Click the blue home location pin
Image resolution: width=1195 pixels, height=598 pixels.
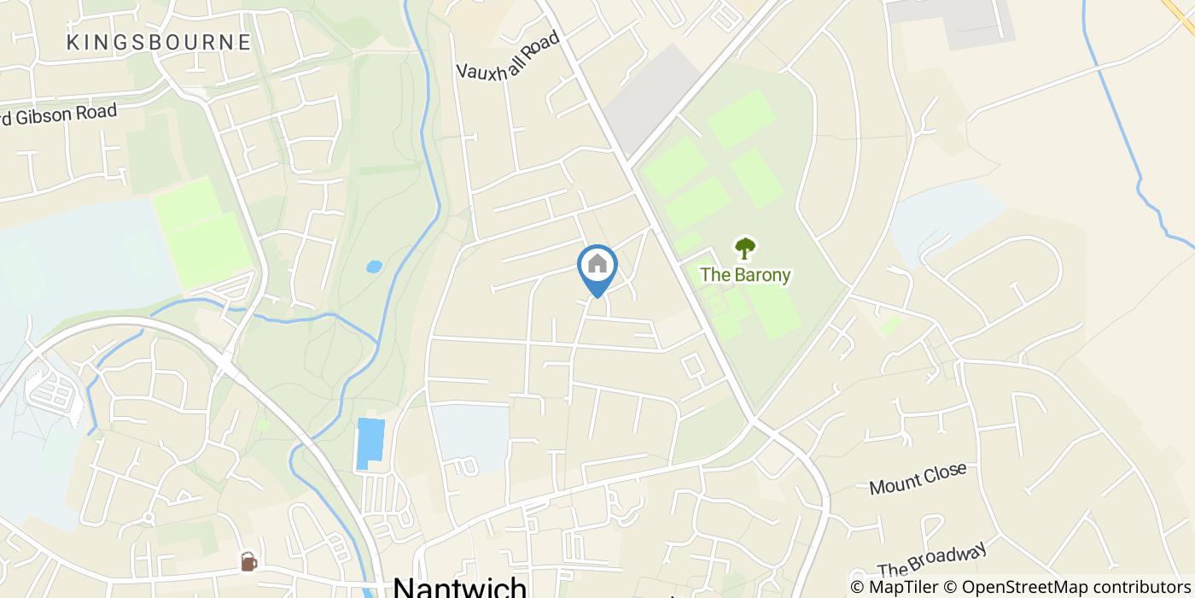point(597,270)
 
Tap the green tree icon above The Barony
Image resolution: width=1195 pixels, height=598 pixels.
point(745,249)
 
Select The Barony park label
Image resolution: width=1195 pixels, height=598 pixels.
point(745,275)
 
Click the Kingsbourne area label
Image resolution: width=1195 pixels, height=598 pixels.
point(159,42)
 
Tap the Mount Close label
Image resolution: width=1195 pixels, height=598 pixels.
point(918,478)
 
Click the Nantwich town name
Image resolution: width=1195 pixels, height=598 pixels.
point(460,588)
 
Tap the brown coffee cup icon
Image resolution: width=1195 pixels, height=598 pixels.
point(248,561)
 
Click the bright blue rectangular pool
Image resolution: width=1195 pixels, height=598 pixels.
point(370,443)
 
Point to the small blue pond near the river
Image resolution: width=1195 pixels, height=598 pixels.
point(374,267)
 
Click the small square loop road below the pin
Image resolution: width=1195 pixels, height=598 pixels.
point(692,367)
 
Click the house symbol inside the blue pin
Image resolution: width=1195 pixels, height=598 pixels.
point(597,264)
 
